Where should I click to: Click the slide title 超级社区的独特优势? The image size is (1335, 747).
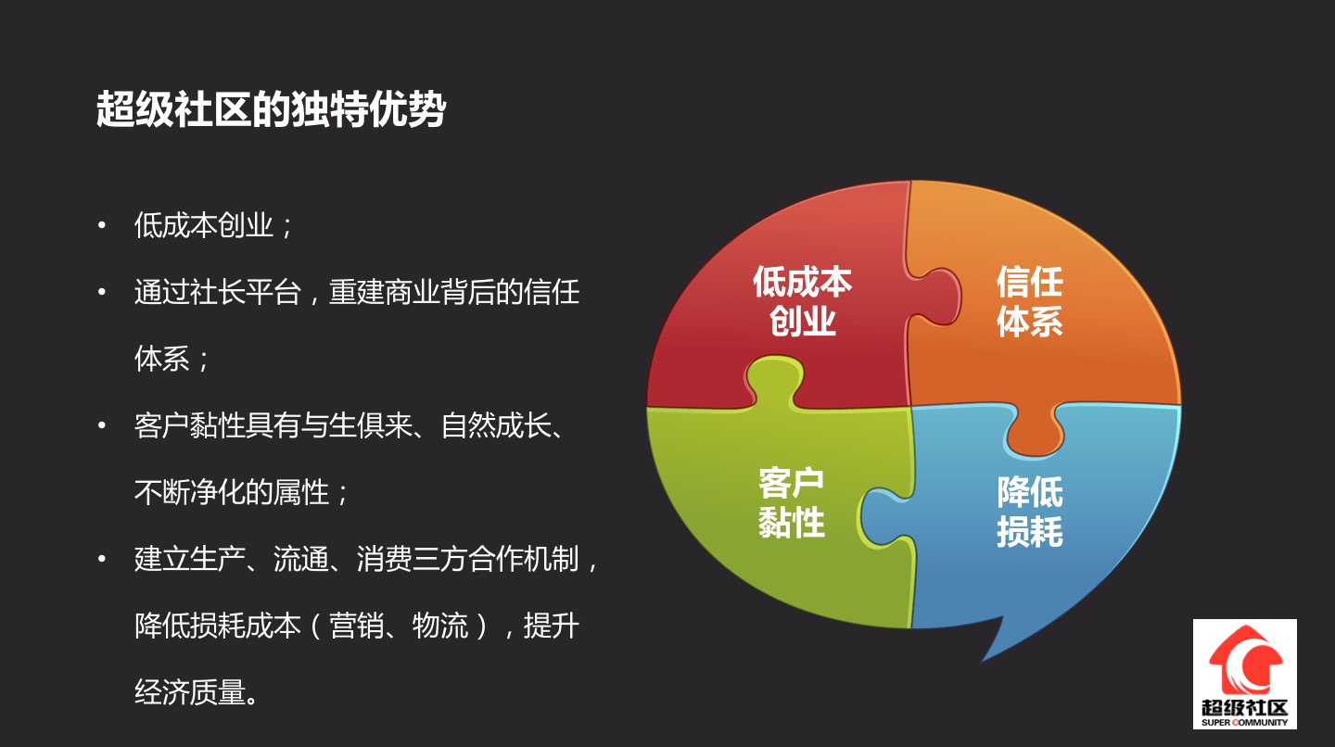click(271, 109)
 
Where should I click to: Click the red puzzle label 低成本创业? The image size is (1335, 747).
click(802, 301)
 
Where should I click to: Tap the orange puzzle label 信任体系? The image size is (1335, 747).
click(1030, 301)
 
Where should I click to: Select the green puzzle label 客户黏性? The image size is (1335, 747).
click(792, 502)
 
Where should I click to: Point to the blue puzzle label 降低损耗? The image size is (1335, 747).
click(1030, 511)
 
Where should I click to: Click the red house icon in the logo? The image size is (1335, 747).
click(1245, 660)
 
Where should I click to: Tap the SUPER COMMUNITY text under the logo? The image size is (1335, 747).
click(1244, 723)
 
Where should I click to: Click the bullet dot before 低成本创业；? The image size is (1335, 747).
click(102, 225)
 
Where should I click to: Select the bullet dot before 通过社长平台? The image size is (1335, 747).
click(102, 292)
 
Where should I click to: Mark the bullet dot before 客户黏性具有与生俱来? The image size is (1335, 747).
click(102, 425)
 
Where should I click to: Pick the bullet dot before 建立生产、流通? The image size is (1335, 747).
click(102, 559)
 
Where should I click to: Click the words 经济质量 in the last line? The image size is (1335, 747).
click(190, 692)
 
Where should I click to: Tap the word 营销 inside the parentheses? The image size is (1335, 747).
click(356, 626)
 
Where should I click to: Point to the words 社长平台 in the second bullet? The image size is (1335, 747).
click(246, 292)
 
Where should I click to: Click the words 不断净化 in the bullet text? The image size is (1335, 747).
click(190, 492)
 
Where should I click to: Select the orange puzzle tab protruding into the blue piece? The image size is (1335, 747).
click(1035, 430)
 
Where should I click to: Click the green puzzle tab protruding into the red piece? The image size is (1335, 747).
click(774, 382)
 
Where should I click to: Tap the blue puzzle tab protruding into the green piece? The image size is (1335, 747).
click(886, 516)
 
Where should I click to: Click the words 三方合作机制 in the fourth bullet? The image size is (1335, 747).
click(495, 559)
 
